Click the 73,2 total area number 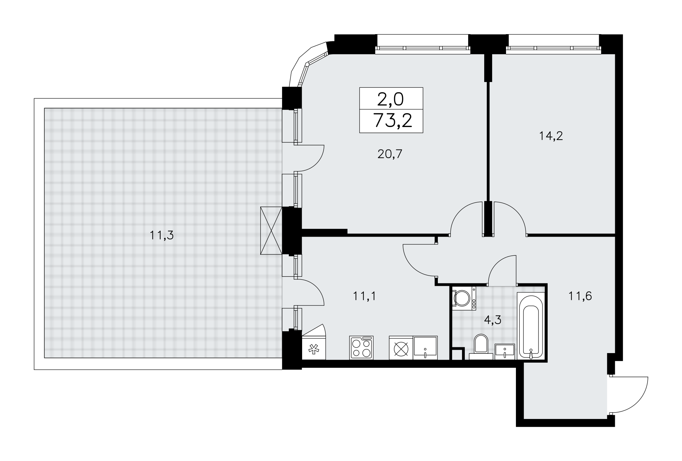coord(393,121)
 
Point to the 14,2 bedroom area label coord(551,136)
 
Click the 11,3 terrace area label coord(162,235)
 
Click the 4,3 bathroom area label coord(493,320)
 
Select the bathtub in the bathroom coord(531,326)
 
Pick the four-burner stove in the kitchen coord(361,348)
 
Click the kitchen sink coord(425,348)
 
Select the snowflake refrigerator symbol coord(314,350)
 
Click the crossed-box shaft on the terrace coord(271,230)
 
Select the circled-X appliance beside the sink coord(401,348)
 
